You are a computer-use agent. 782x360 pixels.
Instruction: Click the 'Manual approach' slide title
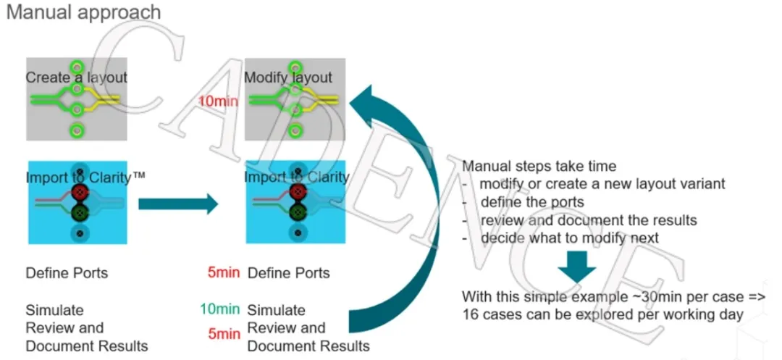[x=83, y=14]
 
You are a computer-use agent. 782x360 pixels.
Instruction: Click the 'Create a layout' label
[x=77, y=78]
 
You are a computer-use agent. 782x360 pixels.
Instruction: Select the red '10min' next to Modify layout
[x=218, y=101]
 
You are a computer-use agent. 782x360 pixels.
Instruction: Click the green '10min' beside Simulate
[x=219, y=310]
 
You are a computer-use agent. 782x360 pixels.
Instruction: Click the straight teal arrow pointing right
[x=177, y=204]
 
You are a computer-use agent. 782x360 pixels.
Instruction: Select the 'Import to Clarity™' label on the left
[x=86, y=177]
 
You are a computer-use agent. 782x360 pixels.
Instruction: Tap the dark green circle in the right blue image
[x=296, y=212]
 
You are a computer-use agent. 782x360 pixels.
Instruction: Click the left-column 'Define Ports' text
[x=67, y=274]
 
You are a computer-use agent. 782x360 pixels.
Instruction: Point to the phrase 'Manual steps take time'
[x=539, y=166]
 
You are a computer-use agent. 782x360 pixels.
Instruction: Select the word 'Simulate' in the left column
[x=55, y=309]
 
